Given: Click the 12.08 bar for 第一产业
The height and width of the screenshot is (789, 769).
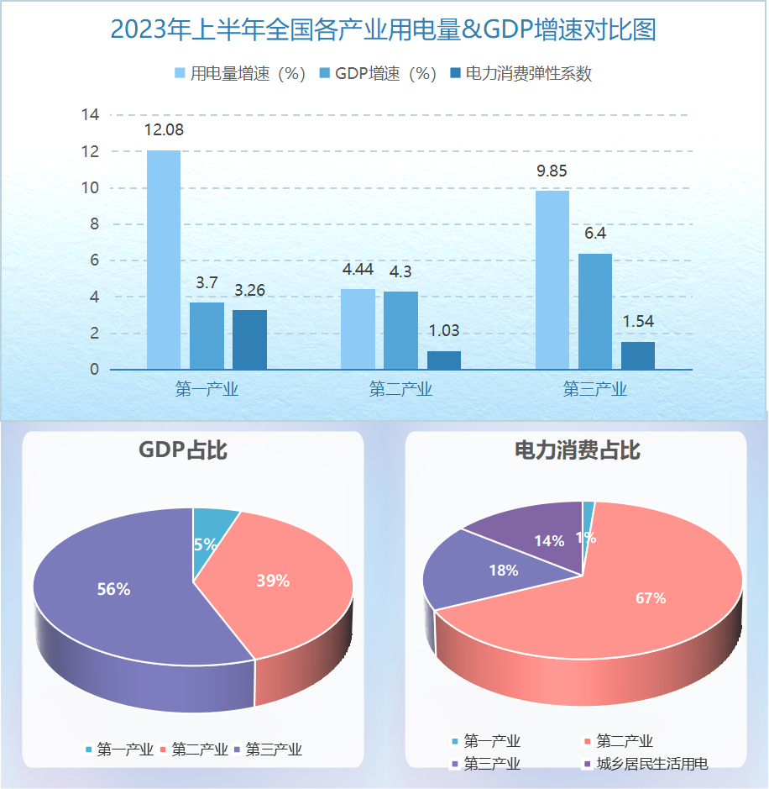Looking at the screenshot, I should tap(164, 260).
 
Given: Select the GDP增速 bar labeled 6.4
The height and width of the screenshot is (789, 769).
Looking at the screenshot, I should tap(594, 311).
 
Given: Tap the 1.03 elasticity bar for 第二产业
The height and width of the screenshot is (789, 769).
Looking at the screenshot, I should tap(444, 360).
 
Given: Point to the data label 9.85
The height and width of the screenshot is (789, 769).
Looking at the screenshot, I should tap(552, 171).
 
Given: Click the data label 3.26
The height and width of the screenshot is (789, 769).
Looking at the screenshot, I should tap(249, 291).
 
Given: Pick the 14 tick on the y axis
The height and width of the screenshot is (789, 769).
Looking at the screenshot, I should tap(90, 115).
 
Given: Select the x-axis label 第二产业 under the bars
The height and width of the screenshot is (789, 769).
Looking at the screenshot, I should tap(400, 390).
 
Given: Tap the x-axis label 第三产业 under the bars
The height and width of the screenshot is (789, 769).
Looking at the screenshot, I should tap(594, 390).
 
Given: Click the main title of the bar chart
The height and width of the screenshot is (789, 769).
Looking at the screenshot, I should tap(383, 30).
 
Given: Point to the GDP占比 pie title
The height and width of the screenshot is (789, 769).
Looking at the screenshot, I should tap(183, 450).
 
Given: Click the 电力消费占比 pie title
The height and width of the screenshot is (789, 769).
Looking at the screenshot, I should tap(578, 450).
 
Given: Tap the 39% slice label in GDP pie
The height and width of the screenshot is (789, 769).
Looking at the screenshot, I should tap(273, 581).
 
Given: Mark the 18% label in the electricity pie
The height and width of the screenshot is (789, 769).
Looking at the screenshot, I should tap(503, 570).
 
